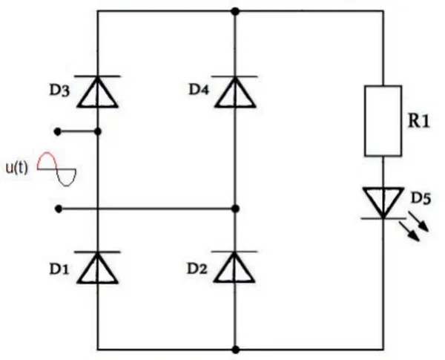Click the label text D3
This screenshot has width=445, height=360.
[x=59, y=91]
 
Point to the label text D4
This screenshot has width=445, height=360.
[x=199, y=90]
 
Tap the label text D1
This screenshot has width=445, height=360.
[x=59, y=269]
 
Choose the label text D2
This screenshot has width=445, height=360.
[x=197, y=269]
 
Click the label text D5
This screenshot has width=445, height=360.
[x=421, y=198]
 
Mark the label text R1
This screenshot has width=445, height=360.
[x=418, y=121]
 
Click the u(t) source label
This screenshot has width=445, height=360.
[x=17, y=168]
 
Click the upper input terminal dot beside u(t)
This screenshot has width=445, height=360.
[x=58, y=132]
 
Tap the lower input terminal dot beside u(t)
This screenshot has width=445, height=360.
[x=58, y=209]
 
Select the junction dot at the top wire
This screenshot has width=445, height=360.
[x=235, y=12]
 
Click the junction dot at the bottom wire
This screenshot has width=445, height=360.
[x=235, y=350]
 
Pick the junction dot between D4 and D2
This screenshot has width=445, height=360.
[x=235, y=209]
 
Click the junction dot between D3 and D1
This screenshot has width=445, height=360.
[x=98, y=132]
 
